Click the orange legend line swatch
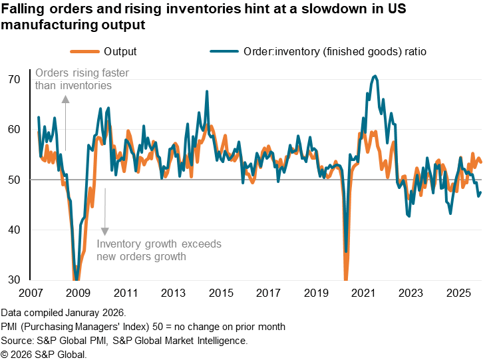[84, 51]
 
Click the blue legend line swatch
[224, 51]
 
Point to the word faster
[114, 73]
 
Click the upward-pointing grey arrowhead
[65, 99]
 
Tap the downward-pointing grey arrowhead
[104, 231]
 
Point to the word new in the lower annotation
[106, 256]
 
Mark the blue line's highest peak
[375, 77]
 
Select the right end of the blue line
[480, 194]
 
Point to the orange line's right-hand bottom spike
[346, 278]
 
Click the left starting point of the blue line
[38, 118]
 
